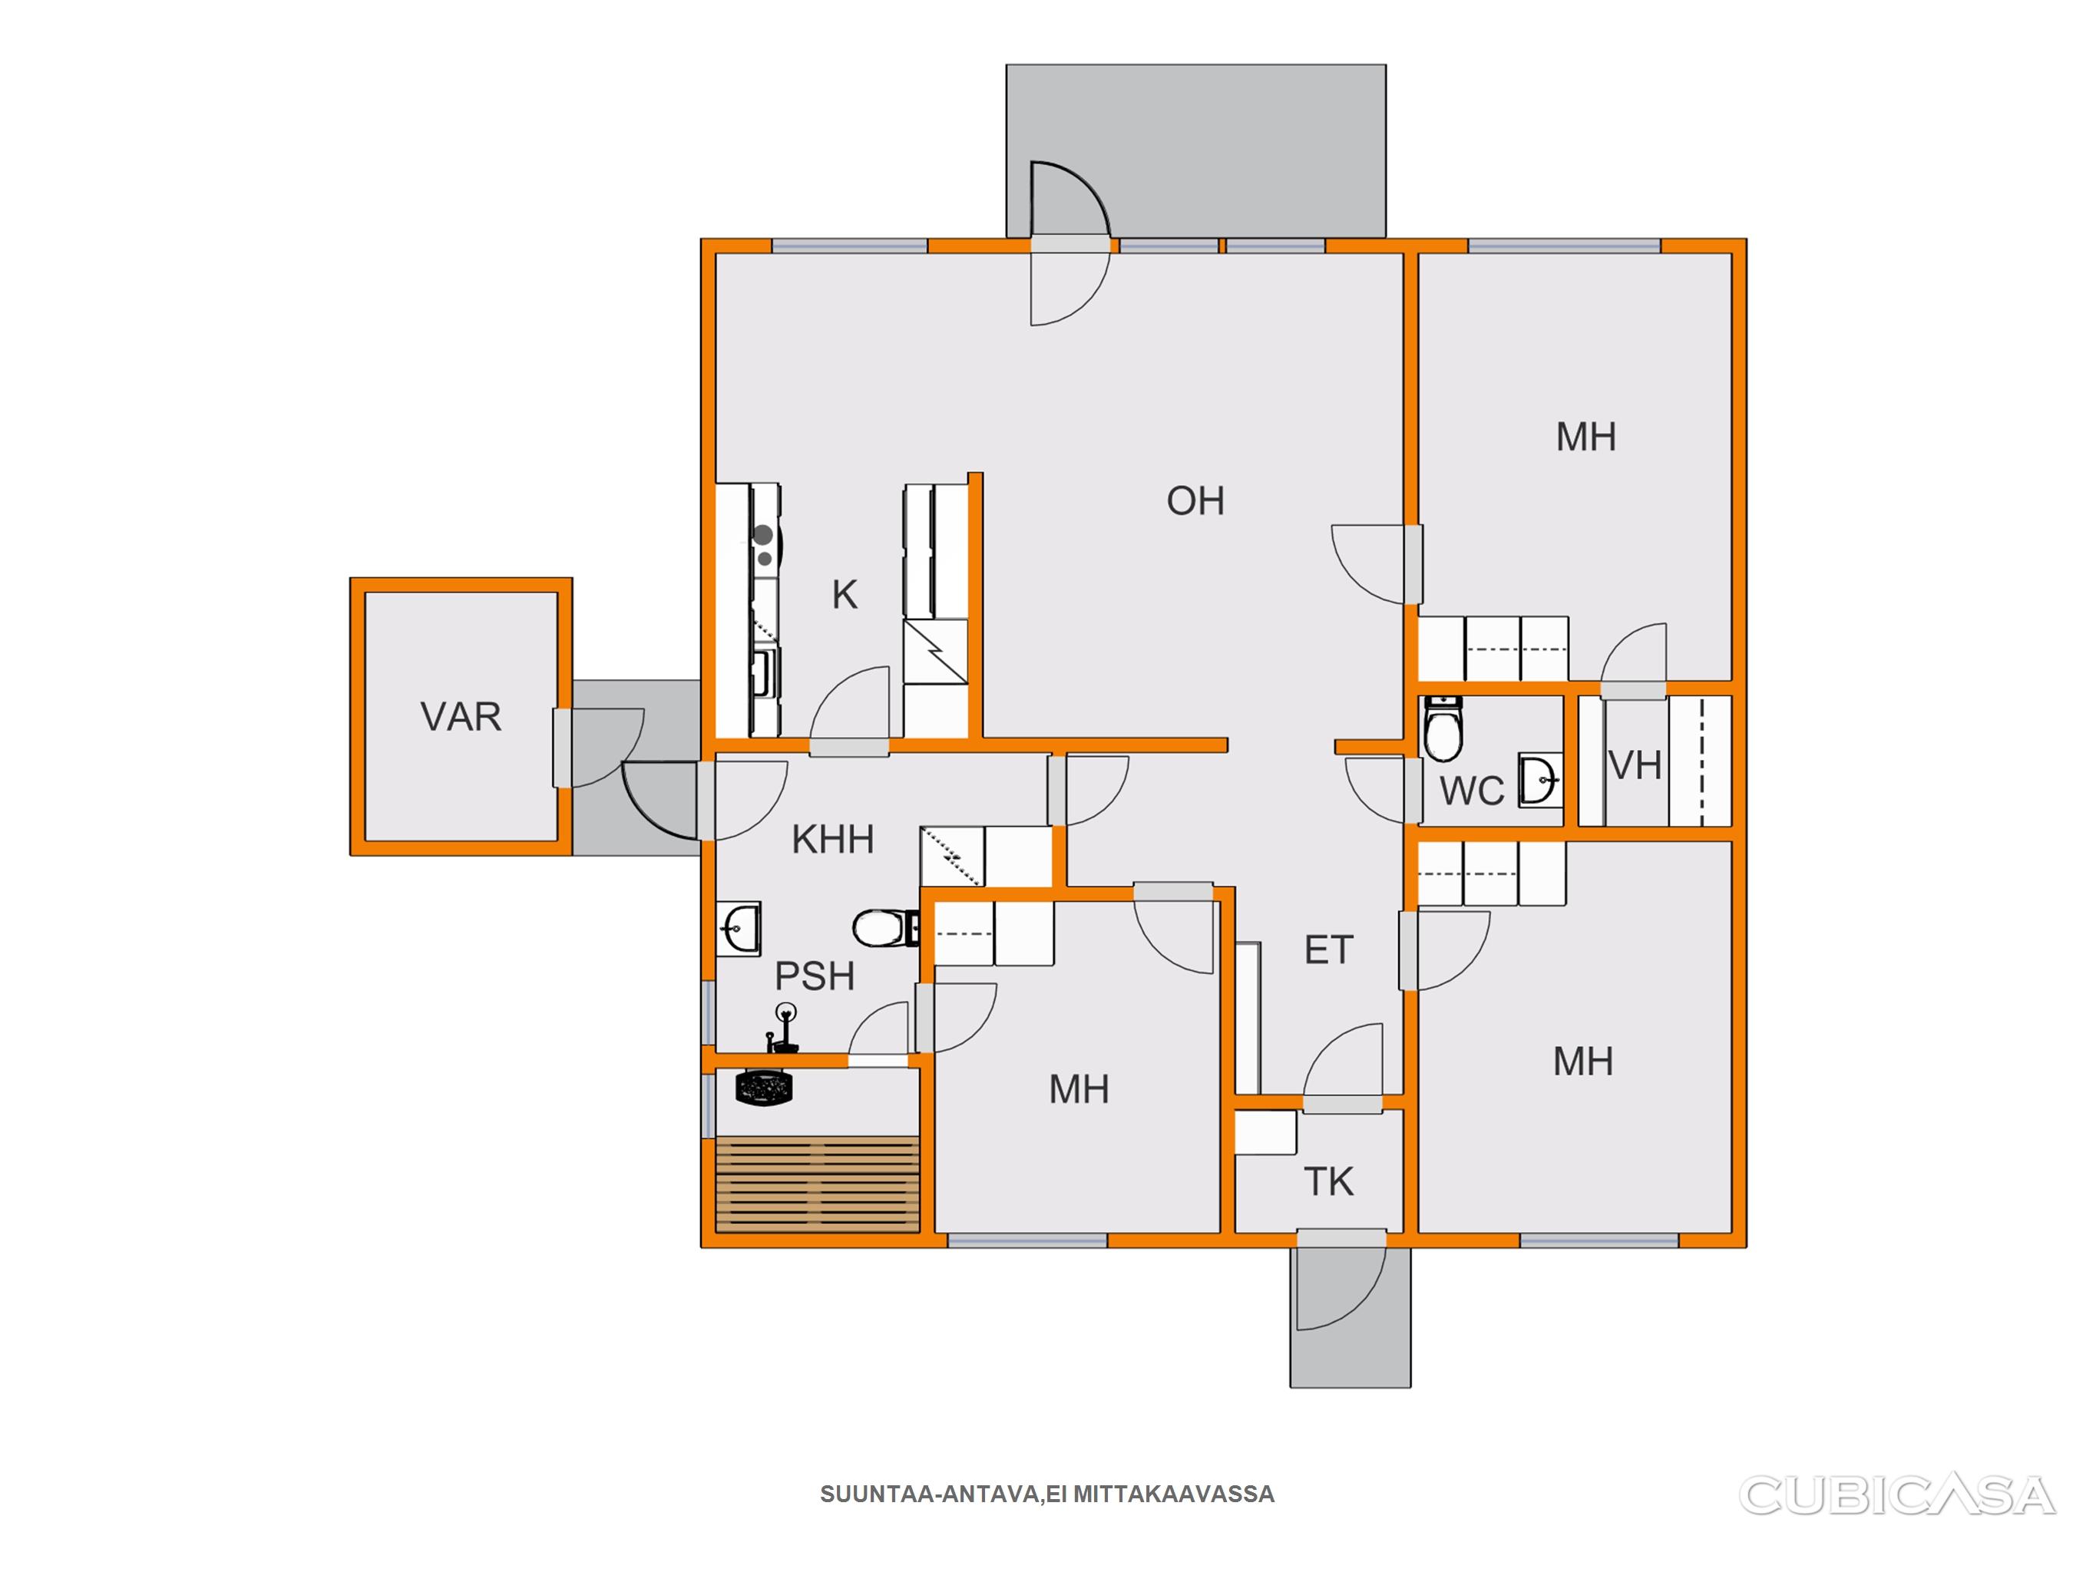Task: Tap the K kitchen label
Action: pos(845,595)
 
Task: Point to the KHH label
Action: pos(832,840)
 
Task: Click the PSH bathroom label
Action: pos(815,976)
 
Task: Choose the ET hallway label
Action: pos(1328,949)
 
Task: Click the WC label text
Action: pos(1472,791)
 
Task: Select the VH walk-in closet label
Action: pos(1635,765)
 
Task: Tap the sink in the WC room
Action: pos(1541,781)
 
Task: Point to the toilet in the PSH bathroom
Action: pos(886,929)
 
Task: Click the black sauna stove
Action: pos(764,1088)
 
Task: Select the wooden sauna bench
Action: pos(817,1184)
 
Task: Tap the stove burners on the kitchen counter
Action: pos(764,547)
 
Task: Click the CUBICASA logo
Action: pos(1897,1495)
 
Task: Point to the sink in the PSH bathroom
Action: pos(739,928)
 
